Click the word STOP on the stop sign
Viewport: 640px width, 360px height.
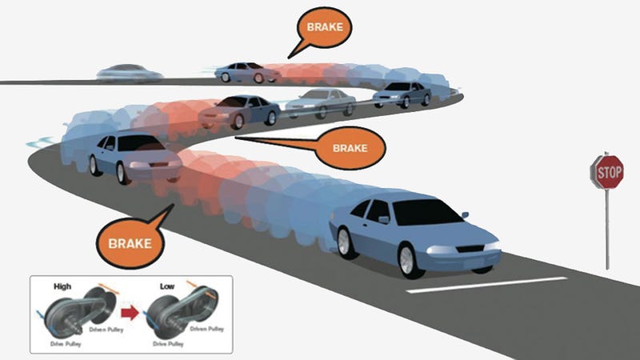(x=610, y=173)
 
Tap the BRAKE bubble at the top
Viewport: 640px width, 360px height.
(x=324, y=28)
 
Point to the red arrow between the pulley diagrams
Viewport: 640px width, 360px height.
(x=130, y=313)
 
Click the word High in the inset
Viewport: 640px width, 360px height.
(x=62, y=286)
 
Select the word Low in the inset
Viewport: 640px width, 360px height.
(x=167, y=286)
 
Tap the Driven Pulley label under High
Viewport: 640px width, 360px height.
(x=106, y=330)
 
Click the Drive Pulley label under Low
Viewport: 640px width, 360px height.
(x=168, y=344)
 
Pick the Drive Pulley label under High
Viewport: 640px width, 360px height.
(x=66, y=344)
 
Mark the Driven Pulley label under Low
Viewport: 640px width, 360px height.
(x=207, y=329)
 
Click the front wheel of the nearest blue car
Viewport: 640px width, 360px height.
(x=408, y=260)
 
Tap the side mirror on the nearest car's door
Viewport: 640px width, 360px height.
(x=384, y=219)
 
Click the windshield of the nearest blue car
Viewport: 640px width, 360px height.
(x=426, y=212)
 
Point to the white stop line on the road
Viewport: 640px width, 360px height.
(x=487, y=285)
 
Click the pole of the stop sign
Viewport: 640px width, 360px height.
(x=607, y=229)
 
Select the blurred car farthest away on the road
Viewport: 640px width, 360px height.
(x=130, y=73)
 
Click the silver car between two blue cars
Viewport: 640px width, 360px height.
(x=321, y=103)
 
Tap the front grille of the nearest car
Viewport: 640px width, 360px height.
(x=470, y=249)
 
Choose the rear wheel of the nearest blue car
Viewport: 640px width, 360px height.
(x=346, y=243)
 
